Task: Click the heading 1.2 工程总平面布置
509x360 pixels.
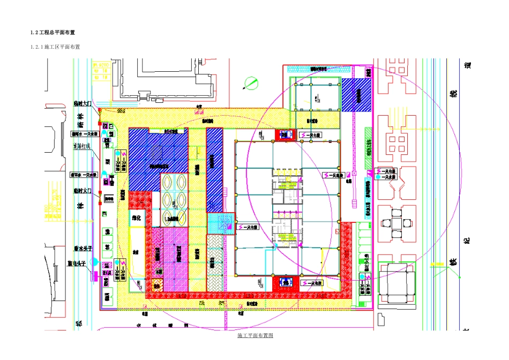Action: coord(56,33)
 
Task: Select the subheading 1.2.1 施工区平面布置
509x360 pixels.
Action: coord(55,47)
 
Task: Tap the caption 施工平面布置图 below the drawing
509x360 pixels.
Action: coord(255,335)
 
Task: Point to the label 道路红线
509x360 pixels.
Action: coord(82,146)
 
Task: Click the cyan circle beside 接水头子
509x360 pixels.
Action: coord(95,261)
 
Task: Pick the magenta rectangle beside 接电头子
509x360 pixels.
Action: coord(94,275)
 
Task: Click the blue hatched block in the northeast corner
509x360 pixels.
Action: coord(356,95)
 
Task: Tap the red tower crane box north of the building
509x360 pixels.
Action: coord(285,134)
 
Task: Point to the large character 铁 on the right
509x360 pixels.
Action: coord(453,262)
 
